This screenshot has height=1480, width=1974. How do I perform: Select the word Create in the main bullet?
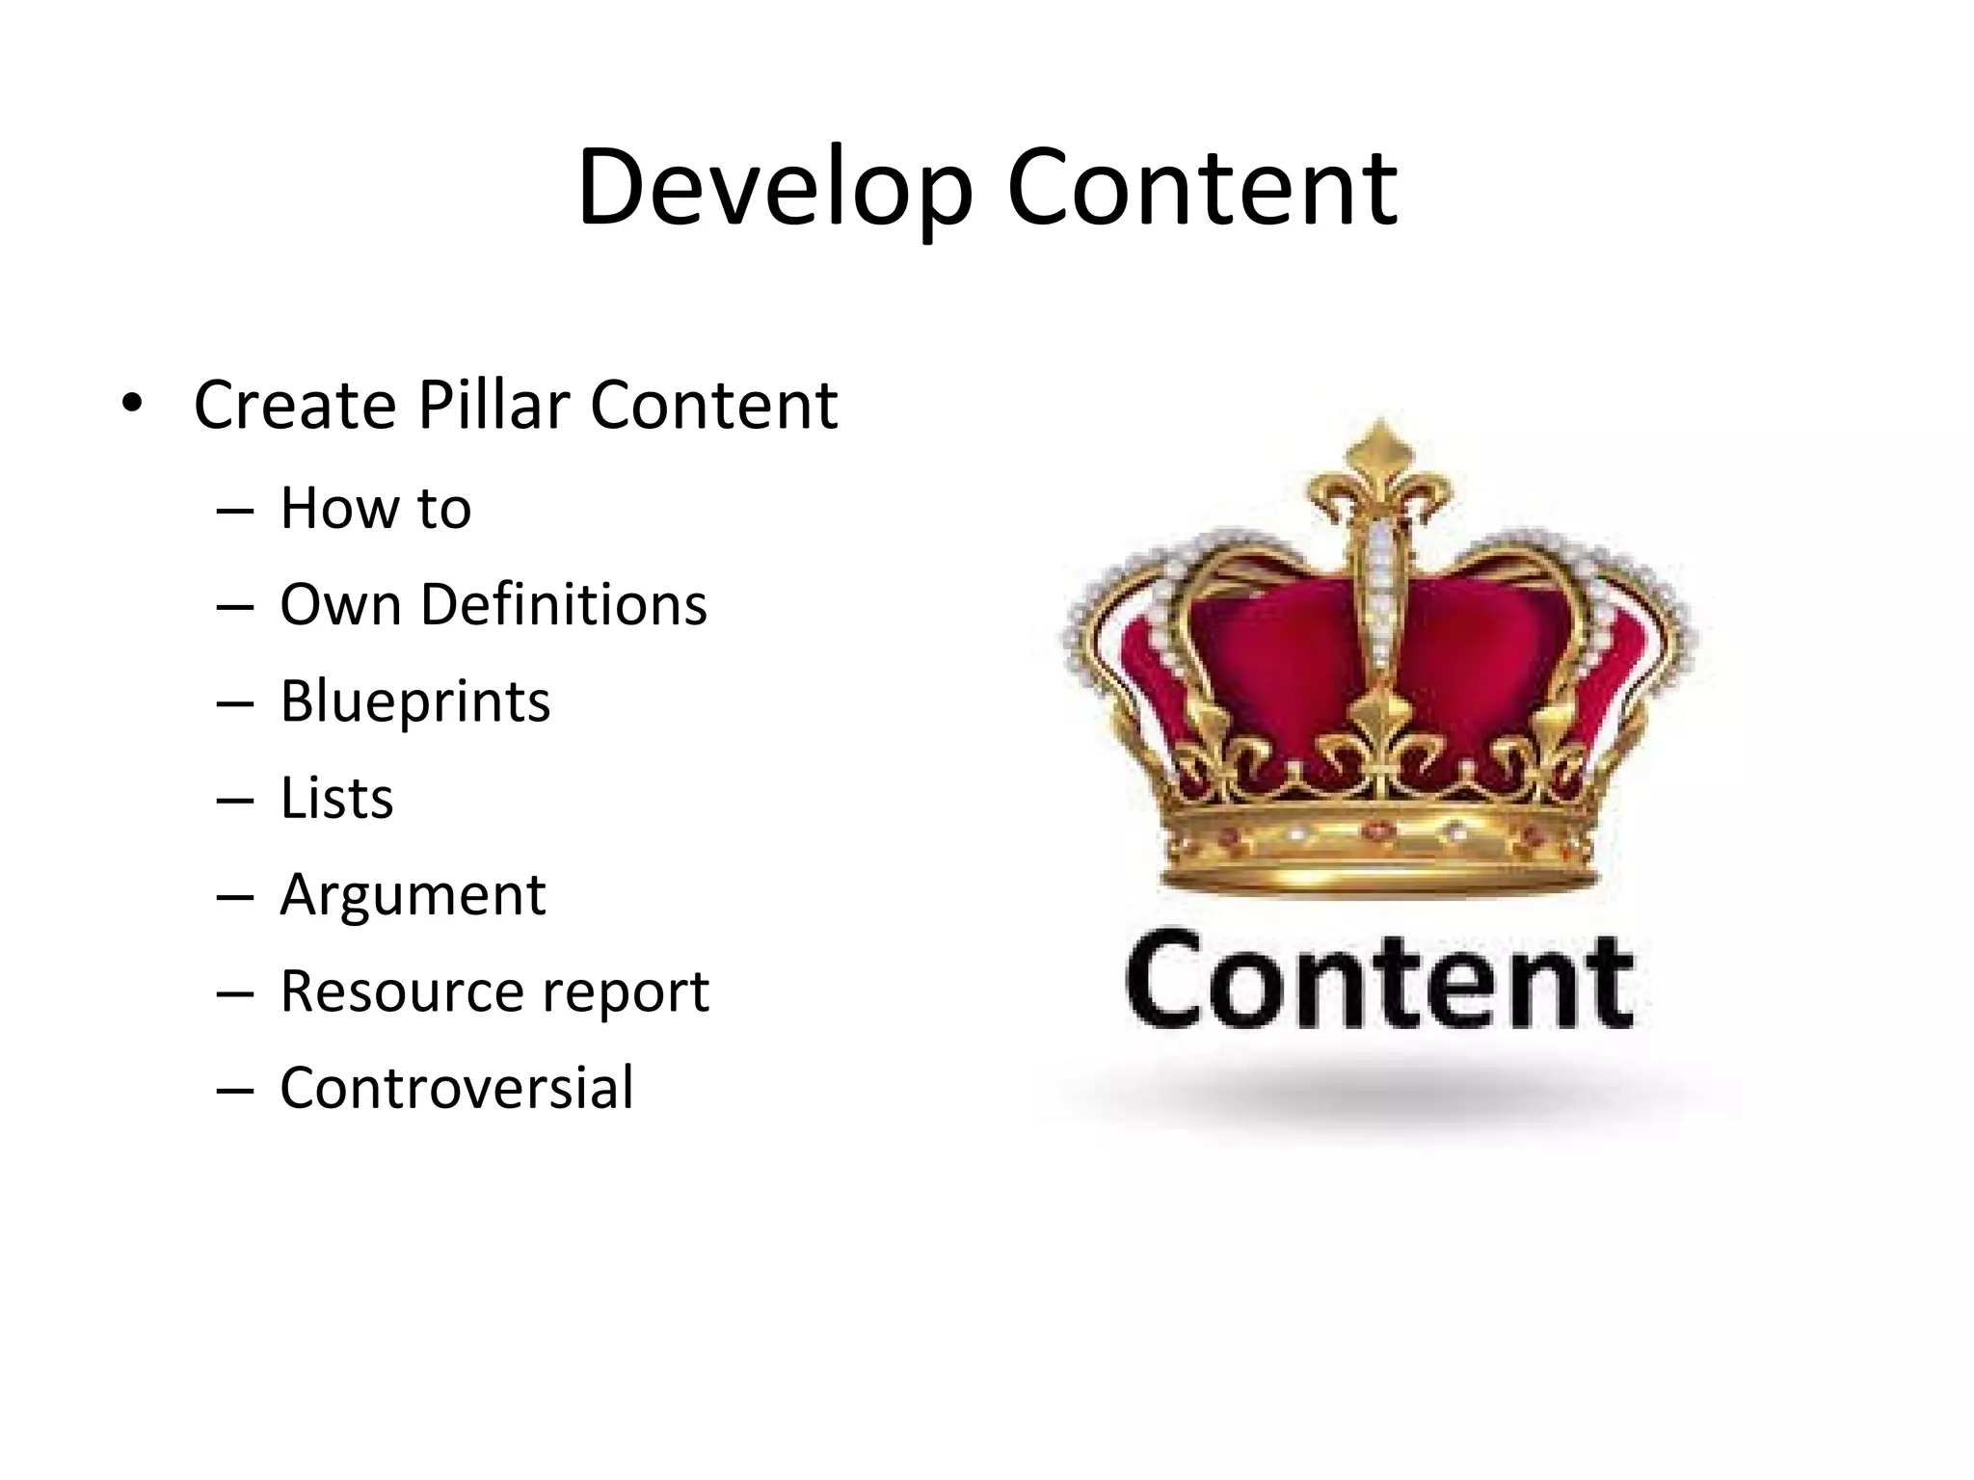295,405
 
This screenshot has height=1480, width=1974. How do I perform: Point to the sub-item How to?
375,508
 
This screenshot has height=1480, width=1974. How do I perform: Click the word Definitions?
563,605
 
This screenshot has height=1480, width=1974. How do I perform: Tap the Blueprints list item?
414,701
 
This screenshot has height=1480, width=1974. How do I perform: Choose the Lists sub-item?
336,798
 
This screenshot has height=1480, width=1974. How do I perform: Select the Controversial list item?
456,1088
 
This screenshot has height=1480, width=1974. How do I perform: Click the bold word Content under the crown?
1378,981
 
